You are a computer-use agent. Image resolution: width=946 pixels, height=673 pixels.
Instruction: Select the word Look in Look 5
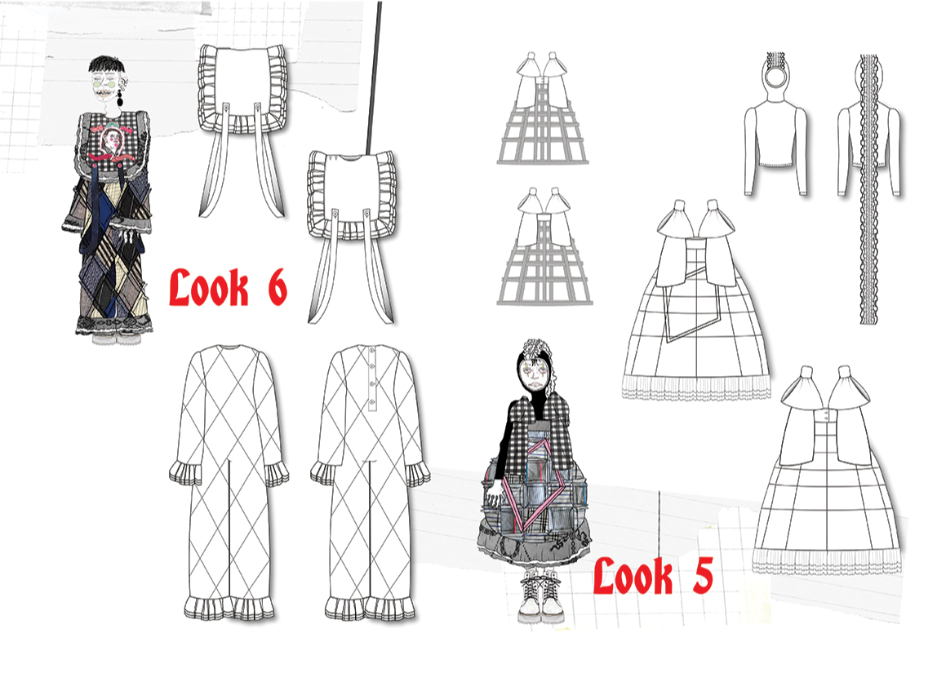pyautogui.click(x=633, y=576)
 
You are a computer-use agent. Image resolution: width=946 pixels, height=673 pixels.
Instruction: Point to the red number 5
pyautogui.click(x=702, y=575)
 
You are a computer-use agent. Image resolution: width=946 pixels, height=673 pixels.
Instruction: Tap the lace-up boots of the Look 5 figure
pyautogui.click(x=540, y=597)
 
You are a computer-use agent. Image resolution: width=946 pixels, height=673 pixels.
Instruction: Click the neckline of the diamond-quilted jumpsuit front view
pyautogui.click(x=230, y=348)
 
